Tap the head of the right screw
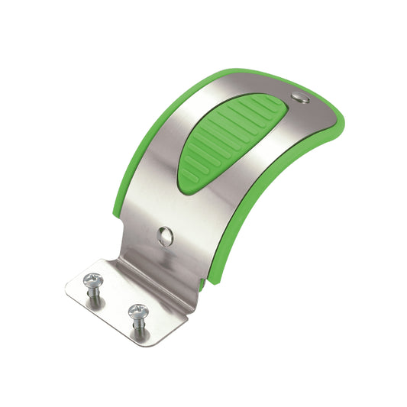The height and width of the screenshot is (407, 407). point(137,310)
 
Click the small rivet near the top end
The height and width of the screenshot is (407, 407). point(300,96)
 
